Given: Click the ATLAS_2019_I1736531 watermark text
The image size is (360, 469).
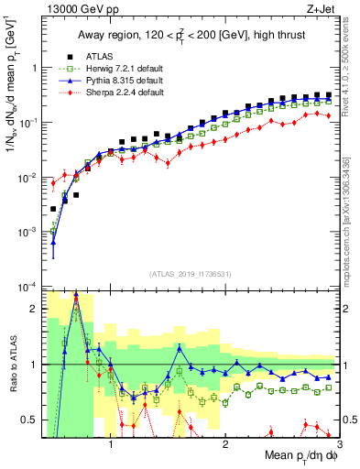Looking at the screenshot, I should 190,273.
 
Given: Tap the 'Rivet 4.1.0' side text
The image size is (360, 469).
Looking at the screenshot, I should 351,64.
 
